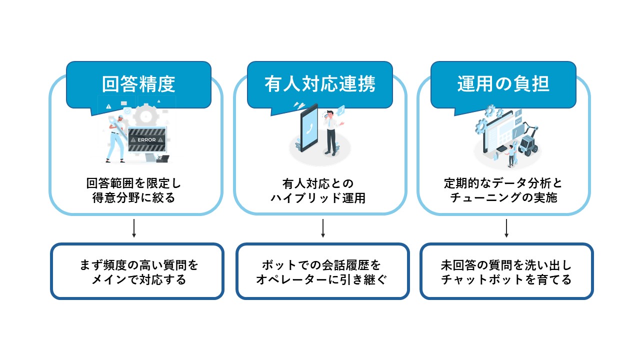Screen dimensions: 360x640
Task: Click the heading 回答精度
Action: (x=138, y=84)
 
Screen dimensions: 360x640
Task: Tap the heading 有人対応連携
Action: (x=320, y=84)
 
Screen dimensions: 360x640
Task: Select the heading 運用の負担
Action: (x=503, y=84)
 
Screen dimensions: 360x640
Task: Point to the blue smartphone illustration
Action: (x=308, y=129)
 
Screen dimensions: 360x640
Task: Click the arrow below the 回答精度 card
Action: (x=134, y=228)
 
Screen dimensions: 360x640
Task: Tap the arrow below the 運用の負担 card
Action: (x=506, y=228)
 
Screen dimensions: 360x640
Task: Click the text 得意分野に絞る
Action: (x=133, y=198)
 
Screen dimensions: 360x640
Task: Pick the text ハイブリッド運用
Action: (x=318, y=198)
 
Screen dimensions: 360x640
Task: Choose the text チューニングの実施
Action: (x=503, y=198)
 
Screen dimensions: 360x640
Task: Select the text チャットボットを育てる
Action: (x=506, y=279)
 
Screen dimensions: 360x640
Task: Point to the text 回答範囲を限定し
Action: (x=133, y=183)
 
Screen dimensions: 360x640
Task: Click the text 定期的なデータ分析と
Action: (x=503, y=183)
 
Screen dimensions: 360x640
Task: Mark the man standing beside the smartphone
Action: (x=330, y=132)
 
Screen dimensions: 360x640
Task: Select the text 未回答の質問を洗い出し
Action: (x=506, y=264)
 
